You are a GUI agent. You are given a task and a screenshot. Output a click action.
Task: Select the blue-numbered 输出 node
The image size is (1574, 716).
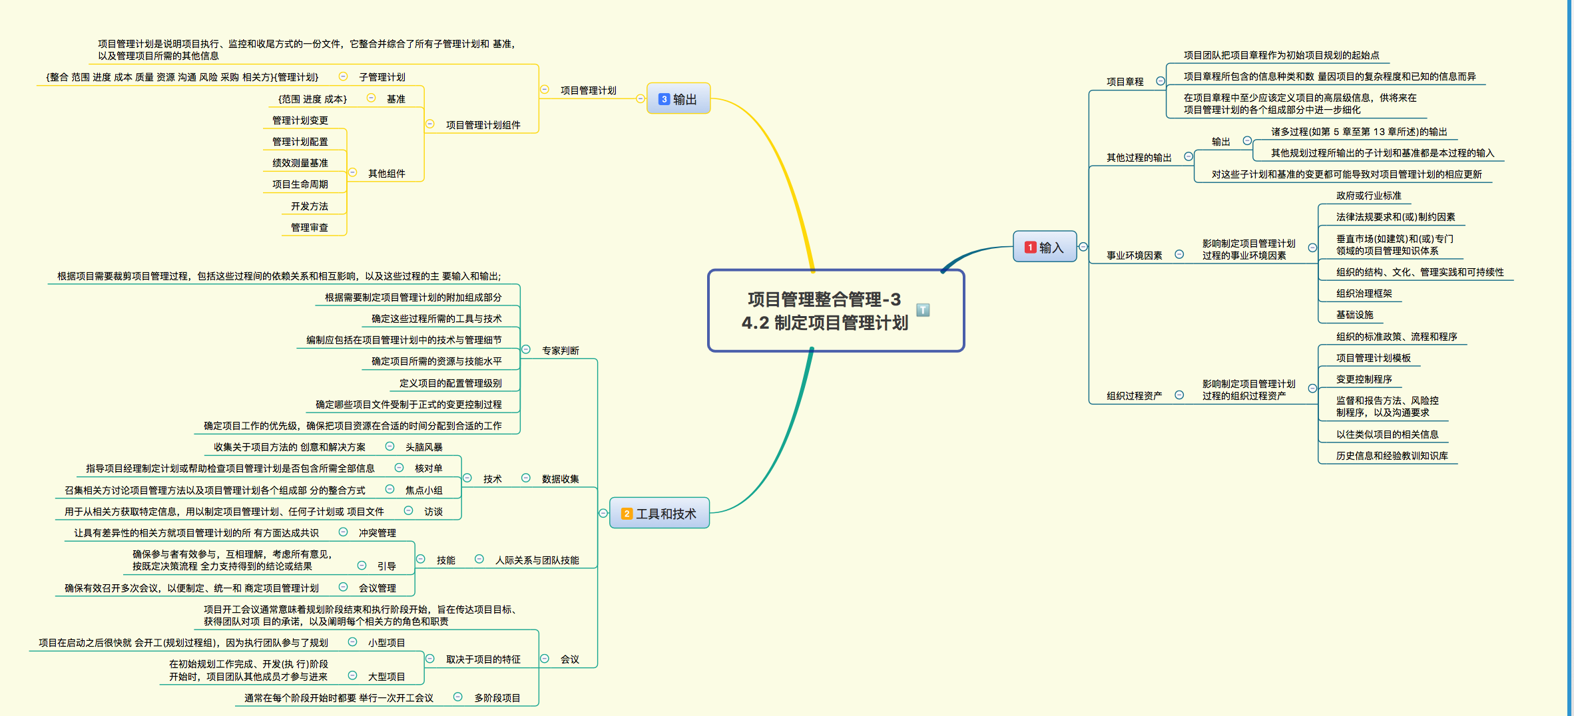tap(678, 99)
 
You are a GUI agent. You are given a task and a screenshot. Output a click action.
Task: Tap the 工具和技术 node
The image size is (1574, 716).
tap(659, 514)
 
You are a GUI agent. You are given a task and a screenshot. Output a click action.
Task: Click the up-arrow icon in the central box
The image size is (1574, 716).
tap(923, 310)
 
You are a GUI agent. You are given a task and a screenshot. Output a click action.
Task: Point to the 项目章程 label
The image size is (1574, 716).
tap(1125, 82)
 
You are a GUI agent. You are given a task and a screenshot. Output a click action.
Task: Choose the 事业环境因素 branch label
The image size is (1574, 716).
tap(1134, 256)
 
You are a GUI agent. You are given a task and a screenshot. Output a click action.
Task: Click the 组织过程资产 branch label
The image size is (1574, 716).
tap(1134, 396)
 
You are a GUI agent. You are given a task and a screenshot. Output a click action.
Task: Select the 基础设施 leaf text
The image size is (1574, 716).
tap(1354, 315)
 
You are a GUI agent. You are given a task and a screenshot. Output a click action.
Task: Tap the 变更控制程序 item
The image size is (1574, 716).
tap(1364, 379)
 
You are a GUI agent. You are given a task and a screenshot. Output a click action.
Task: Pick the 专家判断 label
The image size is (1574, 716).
tap(560, 351)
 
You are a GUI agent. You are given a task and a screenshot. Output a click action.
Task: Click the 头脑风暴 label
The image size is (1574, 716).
tap(423, 447)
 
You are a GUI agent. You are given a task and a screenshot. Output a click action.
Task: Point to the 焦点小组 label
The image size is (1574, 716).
tap(423, 490)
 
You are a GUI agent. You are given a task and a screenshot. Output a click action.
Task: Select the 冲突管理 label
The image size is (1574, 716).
tap(377, 533)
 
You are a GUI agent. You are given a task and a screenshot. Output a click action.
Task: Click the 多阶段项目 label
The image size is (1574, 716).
tap(497, 698)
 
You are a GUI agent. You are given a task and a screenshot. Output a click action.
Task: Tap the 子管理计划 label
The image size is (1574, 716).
tap(382, 77)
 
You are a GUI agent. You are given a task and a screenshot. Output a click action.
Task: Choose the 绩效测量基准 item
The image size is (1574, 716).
tap(300, 163)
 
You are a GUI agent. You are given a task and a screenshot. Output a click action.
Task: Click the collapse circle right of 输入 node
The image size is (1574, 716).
tap(1083, 247)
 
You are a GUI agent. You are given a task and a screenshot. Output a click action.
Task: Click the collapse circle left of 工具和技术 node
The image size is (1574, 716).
tap(603, 513)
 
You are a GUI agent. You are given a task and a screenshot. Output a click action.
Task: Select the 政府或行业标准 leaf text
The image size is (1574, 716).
tap(1368, 196)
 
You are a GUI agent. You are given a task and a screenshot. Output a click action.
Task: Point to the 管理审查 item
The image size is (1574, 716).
tap(309, 228)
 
